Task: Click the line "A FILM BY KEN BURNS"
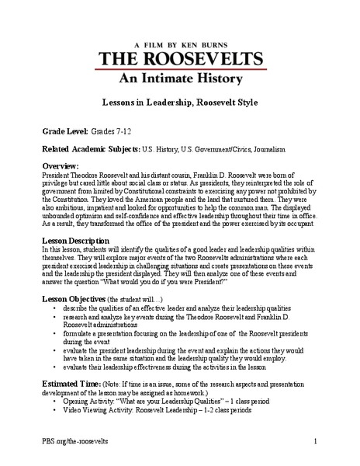pyautogui.click(x=181, y=24)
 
